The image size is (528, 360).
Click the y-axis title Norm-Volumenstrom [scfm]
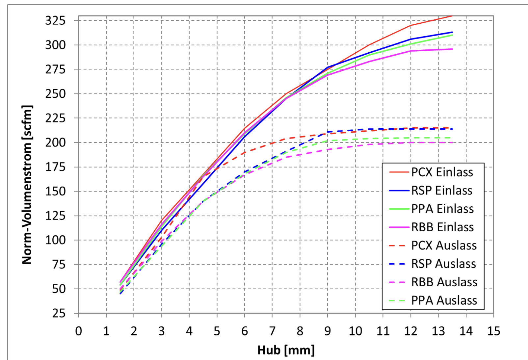pos(27,185)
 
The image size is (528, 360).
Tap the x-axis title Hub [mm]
pos(286,350)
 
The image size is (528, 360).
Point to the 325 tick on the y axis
pos(55,20)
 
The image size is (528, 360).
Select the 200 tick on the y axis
pos(55,142)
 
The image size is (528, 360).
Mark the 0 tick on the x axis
pos(78,331)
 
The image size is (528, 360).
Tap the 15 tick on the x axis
pos(493,331)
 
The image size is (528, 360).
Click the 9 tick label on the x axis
pos(327,331)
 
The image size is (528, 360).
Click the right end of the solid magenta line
pos(453,49)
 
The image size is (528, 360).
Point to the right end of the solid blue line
pos(453,32)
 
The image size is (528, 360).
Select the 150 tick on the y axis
pos(55,191)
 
